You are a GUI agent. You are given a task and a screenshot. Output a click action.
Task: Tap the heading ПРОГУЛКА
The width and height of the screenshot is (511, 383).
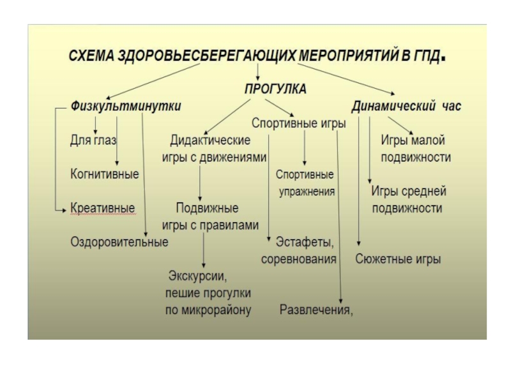click(x=276, y=89)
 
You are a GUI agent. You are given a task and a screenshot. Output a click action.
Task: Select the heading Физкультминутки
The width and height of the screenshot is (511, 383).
click(x=126, y=105)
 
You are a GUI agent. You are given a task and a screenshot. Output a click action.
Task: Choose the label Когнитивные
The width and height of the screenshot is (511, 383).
click(x=105, y=174)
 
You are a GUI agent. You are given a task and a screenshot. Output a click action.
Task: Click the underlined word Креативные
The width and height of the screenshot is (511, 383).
click(x=102, y=209)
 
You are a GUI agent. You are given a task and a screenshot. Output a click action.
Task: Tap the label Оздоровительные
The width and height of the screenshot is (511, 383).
click(x=119, y=242)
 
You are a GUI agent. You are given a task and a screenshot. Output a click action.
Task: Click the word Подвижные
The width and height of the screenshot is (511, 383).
click(x=207, y=209)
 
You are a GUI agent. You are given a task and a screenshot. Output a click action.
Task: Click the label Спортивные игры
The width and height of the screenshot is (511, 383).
click(x=298, y=123)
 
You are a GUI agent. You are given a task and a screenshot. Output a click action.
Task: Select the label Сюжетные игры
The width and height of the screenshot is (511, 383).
click(x=397, y=260)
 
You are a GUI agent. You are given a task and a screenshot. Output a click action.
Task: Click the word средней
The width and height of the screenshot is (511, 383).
click(x=423, y=191)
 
